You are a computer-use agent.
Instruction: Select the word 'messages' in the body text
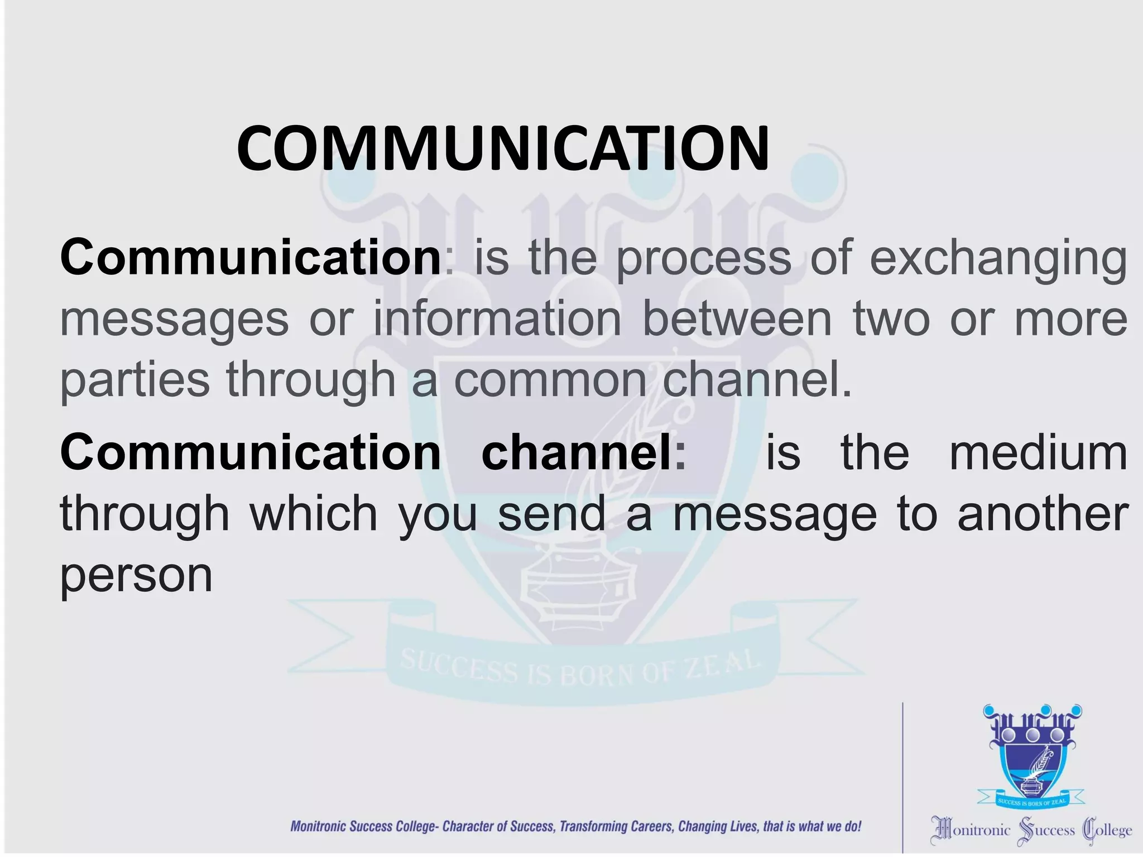pos(174,320)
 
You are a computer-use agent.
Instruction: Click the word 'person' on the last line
pos(136,576)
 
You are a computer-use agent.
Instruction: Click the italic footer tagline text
pos(575,826)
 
